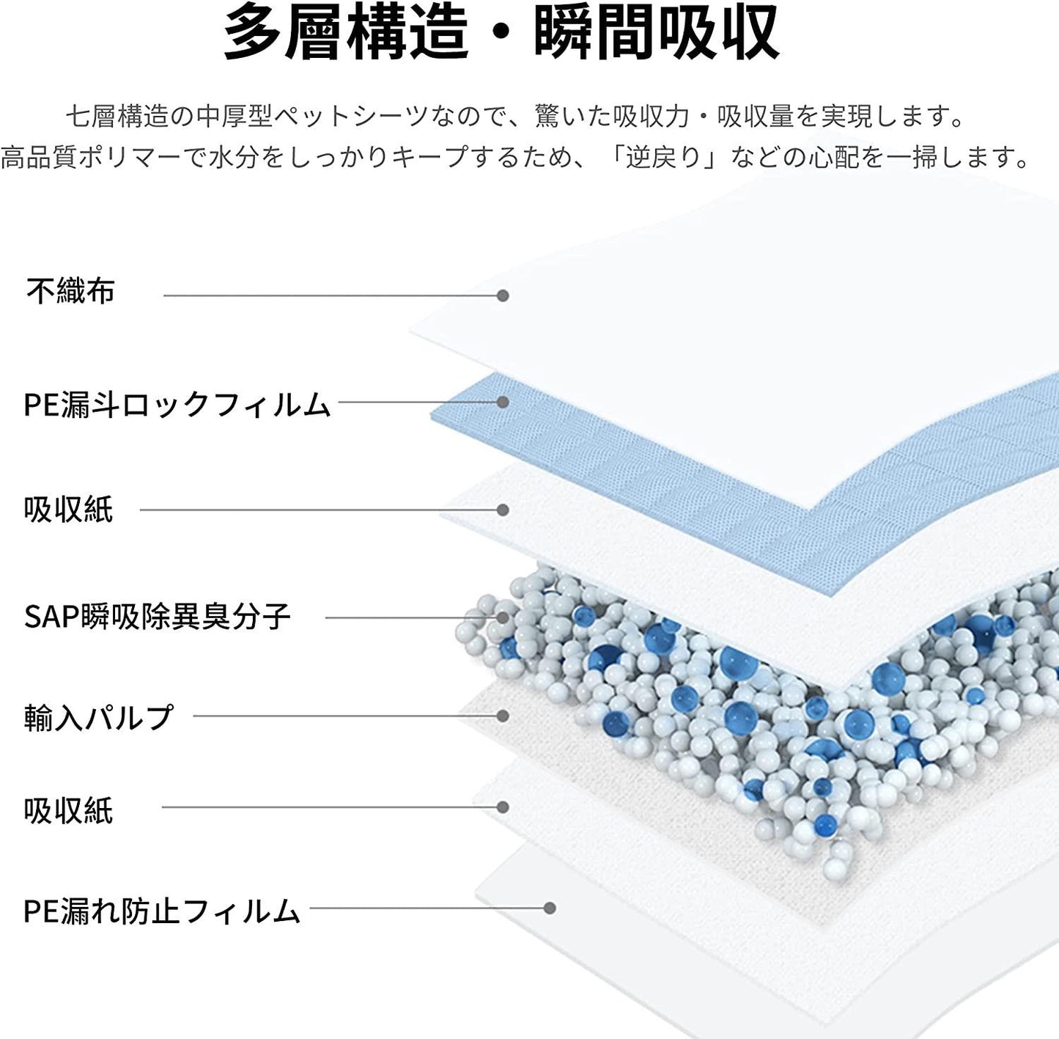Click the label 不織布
click(x=70, y=291)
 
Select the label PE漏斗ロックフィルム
click(x=177, y=404)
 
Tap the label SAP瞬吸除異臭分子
click(x=158, y=617)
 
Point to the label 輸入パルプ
click(x=99, y=716)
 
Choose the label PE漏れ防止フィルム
click(x=162, y=910)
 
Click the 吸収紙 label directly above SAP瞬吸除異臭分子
click(x=68, y=510)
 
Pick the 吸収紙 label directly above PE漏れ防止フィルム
click(x=68, y=810)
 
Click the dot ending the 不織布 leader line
click(x=503, y=295)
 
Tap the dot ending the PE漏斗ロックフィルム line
click(x=503, y=402)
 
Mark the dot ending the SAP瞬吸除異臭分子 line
click(x=503, y=617)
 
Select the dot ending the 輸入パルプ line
click(x=503, y=716)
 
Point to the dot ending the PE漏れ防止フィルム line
click(x=550, y=908)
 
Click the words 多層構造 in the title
click(x=346, y=32)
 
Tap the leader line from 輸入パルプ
click(x=344, y=716)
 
